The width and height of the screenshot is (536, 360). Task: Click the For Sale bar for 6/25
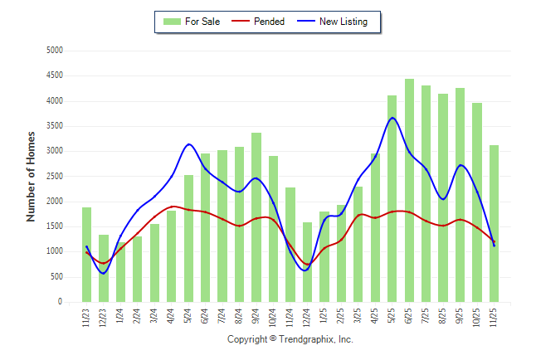[409, 191]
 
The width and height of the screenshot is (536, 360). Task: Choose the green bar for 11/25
[495, 224]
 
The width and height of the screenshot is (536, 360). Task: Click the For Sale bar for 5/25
[392, 199]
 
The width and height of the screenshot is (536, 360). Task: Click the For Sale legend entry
[192, 22]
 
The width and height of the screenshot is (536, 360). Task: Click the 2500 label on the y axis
[54, 177]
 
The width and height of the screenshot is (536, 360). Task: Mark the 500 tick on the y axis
[56, 277]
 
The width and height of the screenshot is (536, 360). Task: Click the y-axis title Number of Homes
[32, 176]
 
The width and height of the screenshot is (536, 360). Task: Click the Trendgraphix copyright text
[290, 340]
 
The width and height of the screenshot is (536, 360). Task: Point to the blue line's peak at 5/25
[392, 118]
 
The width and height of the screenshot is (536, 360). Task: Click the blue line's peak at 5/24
[189, 144]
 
